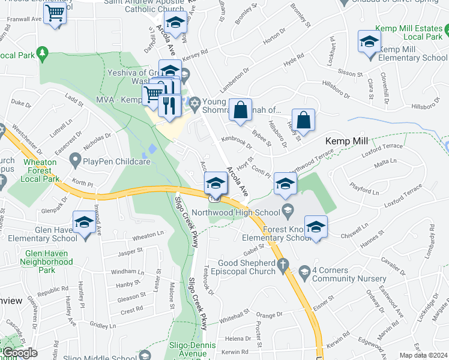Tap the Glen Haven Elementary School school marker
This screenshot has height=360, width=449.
point(84,222)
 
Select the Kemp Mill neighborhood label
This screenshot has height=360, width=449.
point(346,141)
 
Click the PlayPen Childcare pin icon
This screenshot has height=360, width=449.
point(76,160)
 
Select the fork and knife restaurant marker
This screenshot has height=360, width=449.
point(170,104)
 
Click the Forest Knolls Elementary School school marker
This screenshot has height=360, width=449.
point(316,227)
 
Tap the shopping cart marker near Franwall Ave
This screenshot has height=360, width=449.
point(55,13)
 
